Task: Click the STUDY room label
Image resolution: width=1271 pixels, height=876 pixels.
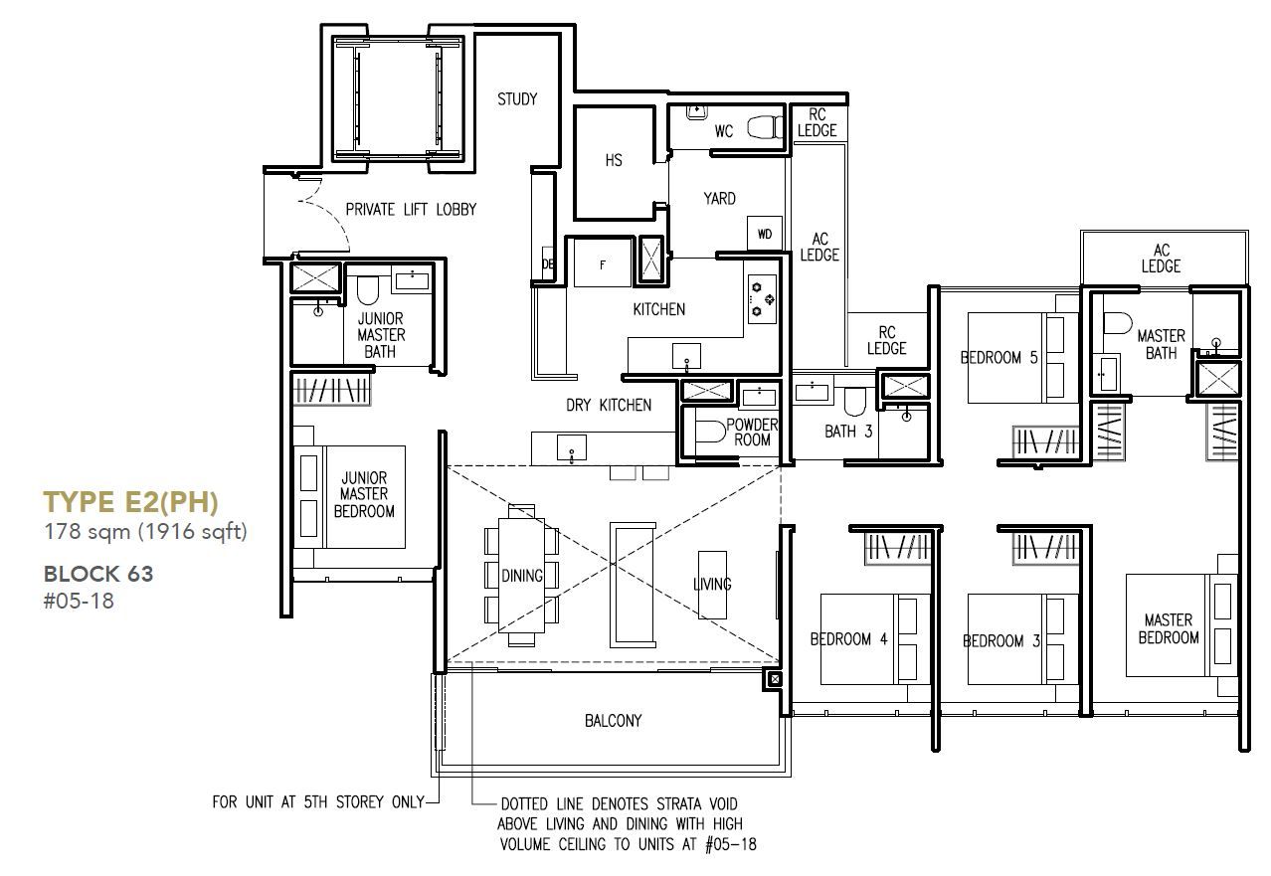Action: [x=517, y=99]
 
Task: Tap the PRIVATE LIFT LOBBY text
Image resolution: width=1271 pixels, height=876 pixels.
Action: [x=411, y=210]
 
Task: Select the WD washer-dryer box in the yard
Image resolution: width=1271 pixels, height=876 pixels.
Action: [x=765, y=234]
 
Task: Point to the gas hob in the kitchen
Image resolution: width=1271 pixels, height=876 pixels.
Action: [x=762, y=299]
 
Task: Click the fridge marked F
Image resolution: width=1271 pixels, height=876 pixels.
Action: [x=603, y=263]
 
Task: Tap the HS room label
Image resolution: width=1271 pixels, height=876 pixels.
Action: [x=614, y=160]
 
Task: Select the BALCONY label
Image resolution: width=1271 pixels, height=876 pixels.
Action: [x=613, y=721]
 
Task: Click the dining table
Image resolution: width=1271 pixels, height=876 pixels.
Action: [x=521, y=576]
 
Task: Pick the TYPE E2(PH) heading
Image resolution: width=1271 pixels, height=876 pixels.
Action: [x=130, y=502]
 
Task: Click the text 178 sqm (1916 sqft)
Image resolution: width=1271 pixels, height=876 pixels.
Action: [x=146, y=532]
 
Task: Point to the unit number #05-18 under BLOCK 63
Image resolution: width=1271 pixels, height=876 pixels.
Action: [x=79, y=601]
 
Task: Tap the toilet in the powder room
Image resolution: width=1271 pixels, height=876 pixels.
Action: [x=710, y=432]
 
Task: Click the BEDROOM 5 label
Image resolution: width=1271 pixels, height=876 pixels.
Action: [x=999, y=357]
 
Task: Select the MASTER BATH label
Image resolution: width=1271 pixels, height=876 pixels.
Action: [x=1161, y=344]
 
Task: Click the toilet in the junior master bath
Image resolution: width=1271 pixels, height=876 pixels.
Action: [x=367, y=290]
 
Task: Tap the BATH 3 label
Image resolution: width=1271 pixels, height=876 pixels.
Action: [x=848, y=432]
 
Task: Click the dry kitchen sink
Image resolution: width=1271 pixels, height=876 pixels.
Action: [x=572, y=447]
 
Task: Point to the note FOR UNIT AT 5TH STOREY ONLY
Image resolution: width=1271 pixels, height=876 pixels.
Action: [x=318, y=801]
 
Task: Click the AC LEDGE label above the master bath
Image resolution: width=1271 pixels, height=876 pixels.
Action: [x=1161, y=259]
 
